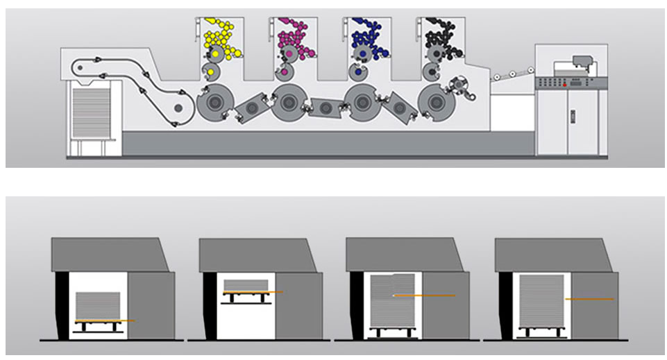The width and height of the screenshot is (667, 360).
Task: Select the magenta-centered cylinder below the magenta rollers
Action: click(283, 71)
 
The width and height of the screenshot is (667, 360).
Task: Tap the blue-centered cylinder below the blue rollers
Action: click(358, 71)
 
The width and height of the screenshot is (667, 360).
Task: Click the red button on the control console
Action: click(566, 85)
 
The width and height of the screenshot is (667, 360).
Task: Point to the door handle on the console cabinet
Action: click(573, 117)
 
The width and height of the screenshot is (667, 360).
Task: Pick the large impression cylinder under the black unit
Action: click(436, 102)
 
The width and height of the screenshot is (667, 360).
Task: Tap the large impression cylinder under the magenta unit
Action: click(287, 102)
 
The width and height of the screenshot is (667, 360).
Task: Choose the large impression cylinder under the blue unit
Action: click(362, 102)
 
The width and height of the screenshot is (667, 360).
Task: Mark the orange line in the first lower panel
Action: click(104, 320)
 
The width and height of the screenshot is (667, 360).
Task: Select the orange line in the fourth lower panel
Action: click(589, 299)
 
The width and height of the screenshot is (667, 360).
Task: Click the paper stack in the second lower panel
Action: click(245, 284)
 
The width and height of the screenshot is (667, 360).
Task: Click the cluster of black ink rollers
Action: click(441, 38)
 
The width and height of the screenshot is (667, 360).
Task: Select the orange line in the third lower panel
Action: click(425, 295)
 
